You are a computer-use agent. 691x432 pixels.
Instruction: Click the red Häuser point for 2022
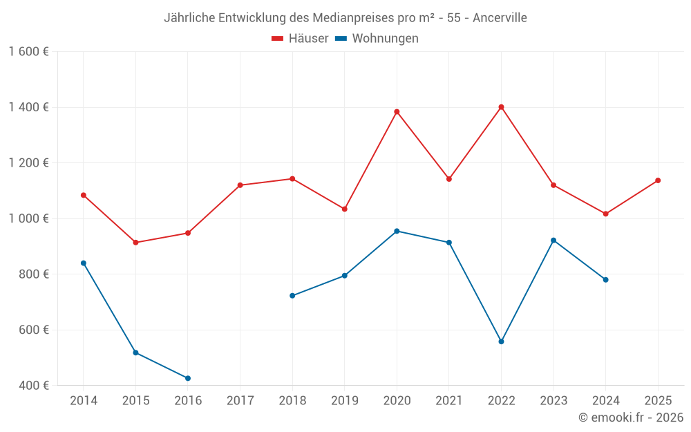pyautogui.click(x=501, y=107)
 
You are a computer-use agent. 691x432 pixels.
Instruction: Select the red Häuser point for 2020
pyautogui.click(x=397, y=112)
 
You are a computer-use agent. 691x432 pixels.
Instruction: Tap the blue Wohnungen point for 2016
pyautogui.click(x=188, y=378)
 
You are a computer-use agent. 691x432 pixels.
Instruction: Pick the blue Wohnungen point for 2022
pyautogui.click(x=501, y=341)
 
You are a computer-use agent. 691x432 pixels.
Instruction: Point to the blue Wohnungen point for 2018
pyautogui.click(x=292, y=296)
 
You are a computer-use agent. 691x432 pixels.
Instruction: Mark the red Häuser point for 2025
pyautogui.click(x=658, y=180)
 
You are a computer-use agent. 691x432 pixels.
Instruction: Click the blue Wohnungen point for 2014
pyautogui.click(x=84, y=263)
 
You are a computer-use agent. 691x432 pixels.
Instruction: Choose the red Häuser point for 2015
pyautogui.click(x=135, y=243)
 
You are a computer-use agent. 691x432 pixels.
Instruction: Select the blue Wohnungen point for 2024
pyautogui.click(x=606, y=280)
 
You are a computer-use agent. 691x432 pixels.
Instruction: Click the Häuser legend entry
pyautogui.click(x=300, y=39)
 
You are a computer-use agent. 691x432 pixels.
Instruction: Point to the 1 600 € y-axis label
pyautogui.click(x=29, y=52)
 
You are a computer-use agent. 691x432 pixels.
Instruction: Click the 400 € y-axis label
pyautogui.click(x=34, y=386)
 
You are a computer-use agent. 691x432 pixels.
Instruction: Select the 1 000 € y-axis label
pyautogui.click(x=29, y=218)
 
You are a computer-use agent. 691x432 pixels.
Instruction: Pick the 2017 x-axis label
pyautogui.click(x=240, y=401)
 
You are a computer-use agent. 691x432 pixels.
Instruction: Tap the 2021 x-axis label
pyautogui.click(x=449, y=401)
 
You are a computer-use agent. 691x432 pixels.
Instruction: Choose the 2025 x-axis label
pyautogui.click(x=658, y=401)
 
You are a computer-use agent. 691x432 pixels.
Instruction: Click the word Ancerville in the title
pyautogui.click(x=500, y=18)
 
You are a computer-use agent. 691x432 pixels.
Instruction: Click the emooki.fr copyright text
pyautogui.click(x=631, y=417)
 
